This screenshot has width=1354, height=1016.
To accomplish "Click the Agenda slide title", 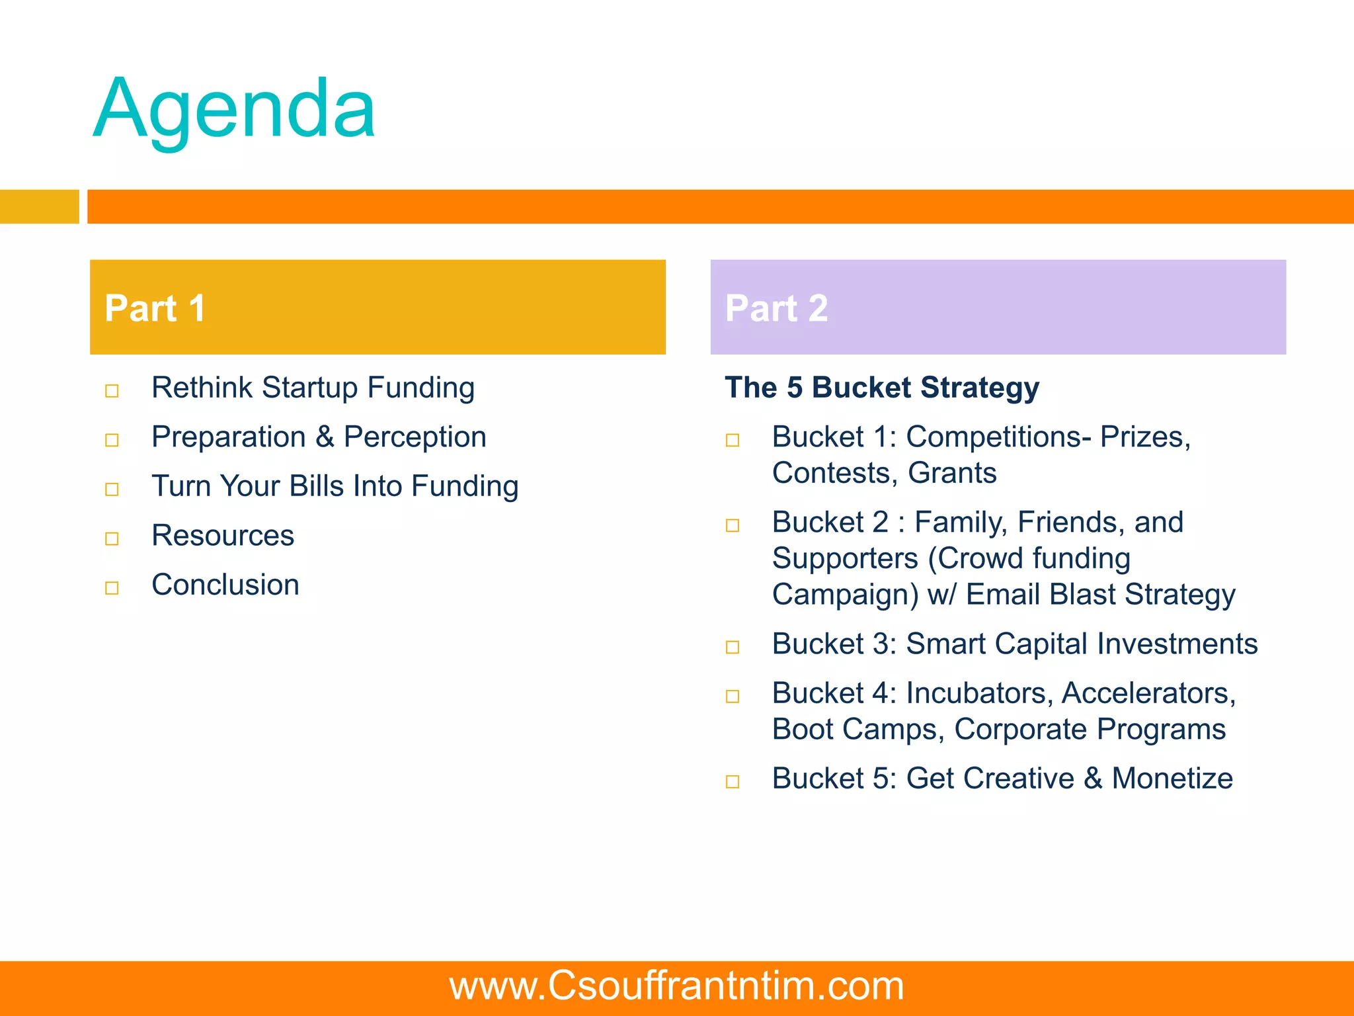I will [x=235, y=109].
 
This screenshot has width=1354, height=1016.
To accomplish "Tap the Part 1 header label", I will [x=155, y=308].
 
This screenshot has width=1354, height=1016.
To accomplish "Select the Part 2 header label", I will [x=776, y=308].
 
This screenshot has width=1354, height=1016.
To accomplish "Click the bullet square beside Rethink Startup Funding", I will [x=112, y=391].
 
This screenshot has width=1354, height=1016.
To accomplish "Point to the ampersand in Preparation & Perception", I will [x=325, y=437].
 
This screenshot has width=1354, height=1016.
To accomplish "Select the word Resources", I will [x=223, y=535].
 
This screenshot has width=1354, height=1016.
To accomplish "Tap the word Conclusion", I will [x=225, y=585].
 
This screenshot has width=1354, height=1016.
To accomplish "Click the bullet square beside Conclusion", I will [x=112, y=588].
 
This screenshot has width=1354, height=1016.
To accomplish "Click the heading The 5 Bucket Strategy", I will [x=882, y=388].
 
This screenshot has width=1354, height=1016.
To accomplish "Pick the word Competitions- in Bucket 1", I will [x=998, y=437].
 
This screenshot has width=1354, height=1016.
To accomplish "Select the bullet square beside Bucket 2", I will [x=733, y=526].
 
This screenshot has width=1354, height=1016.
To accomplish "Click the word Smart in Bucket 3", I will [x=945, y=644].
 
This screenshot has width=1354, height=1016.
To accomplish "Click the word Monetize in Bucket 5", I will [x=1172, y=779].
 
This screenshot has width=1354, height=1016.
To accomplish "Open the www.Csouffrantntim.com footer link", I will [x=676, y=986].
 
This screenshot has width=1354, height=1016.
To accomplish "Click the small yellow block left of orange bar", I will [x=39, y=206].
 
